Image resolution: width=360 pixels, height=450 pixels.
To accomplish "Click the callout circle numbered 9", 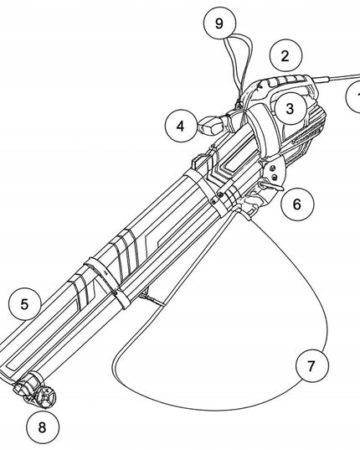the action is point(219,23).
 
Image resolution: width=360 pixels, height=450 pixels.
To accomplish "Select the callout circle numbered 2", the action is point(285,55).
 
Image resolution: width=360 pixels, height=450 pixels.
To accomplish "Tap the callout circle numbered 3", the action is point(290,108).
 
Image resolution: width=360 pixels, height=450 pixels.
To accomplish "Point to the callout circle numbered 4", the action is point(182,126).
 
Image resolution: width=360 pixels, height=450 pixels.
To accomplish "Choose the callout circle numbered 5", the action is point(25,304).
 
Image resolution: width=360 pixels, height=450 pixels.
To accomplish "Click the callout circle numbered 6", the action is point(297,204).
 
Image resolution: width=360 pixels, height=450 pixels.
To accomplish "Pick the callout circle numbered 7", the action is point(312,366).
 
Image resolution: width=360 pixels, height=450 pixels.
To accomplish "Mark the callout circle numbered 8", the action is point(43,427).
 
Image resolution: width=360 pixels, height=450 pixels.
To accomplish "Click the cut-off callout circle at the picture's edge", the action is point(353,96).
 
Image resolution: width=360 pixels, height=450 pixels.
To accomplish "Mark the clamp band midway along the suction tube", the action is point(107,282).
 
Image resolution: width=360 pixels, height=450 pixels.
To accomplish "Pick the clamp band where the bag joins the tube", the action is point(206,192).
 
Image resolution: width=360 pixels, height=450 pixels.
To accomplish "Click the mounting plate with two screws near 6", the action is point(275,172).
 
